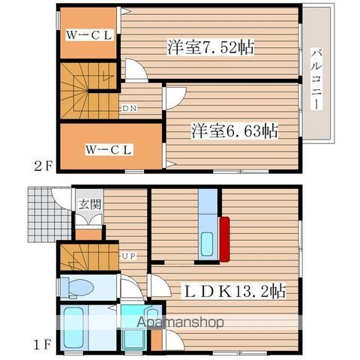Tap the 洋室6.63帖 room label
[234, 130]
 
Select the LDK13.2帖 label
[232, 289]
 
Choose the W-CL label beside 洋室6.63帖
[109, 148]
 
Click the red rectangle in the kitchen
[223, 238]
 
